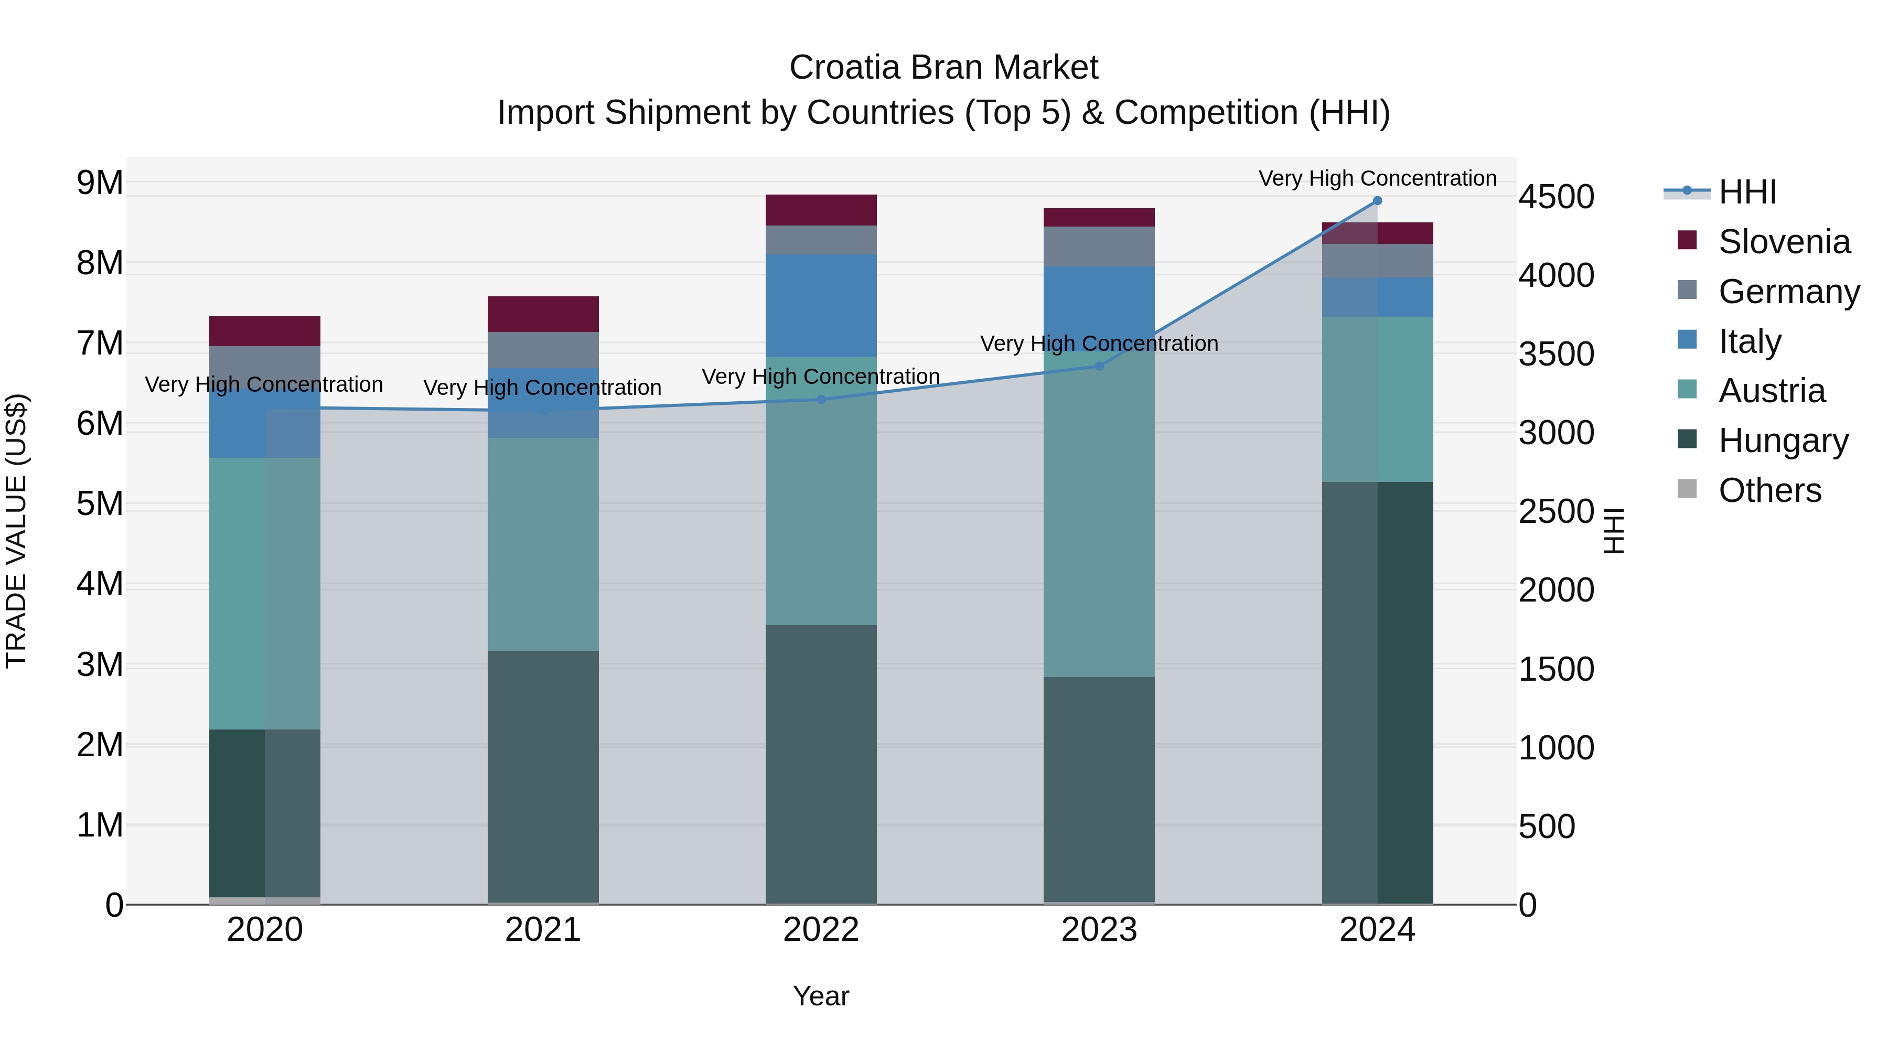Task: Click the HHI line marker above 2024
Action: [x=1377, y=201]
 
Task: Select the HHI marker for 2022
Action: [x=821, y=400]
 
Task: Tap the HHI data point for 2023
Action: [x=1099, y=366]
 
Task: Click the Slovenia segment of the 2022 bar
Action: [x=821, y=210]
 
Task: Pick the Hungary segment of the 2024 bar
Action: [x=1377, y=693]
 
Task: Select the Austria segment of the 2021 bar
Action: [x=543, y=544]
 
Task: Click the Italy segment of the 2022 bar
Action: [x=821, y=306]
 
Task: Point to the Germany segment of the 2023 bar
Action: [x=1099, y=246]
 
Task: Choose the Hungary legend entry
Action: [x=1783, y=441]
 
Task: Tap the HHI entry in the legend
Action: [x=1746, y=192]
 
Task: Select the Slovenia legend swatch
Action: [x=1687, y=240]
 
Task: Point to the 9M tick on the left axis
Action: [x=100, y=183]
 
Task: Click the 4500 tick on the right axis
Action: [x=1556, y=197]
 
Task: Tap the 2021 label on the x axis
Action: [x=543, y=929]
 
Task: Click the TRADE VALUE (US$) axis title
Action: [x=16, y=531]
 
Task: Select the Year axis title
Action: [x=821, y=996]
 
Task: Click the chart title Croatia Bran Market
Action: [x=943, y=68]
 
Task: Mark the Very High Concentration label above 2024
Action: [x=1377, y=178]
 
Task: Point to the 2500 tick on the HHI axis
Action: [x=1556, y=511]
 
